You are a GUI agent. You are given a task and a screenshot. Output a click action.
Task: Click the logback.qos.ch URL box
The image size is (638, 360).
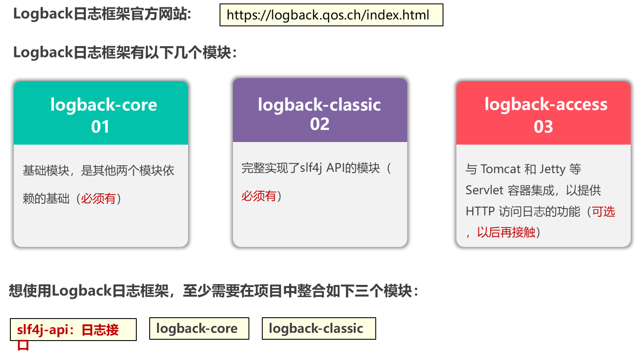click(x=331, y=15)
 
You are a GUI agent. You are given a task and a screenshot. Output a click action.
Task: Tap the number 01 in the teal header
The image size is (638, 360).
click(x=101, y=126)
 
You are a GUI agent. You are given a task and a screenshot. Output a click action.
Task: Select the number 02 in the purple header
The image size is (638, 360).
click(x=320, y=124)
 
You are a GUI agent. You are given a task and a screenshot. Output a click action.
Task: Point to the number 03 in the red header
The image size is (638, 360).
click(x=543, y=126)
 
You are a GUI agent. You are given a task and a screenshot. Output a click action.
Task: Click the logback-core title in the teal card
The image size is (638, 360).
click(x=104, y=105)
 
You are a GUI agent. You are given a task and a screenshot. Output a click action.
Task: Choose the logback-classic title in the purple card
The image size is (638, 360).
click(x=319, y=104)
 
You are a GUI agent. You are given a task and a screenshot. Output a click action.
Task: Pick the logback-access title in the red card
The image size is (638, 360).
click(x=546, y=104)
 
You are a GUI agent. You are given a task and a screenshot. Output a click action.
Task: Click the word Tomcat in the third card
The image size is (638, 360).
click(x=500, y=169)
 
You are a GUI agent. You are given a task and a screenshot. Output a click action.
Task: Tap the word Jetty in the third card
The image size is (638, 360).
click(x=552, y=169)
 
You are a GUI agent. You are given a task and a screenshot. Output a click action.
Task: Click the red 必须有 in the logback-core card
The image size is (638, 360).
click(x=98, y=199)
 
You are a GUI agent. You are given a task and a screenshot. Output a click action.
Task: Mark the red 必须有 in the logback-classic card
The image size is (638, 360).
click(x=259, y=196)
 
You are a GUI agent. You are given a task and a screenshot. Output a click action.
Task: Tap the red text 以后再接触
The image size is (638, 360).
click(x=506, y=232)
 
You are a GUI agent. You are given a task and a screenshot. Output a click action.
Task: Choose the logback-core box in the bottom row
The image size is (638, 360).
click(x=199, y=328)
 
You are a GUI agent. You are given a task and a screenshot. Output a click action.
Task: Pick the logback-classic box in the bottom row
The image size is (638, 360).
click(x=318, y=328)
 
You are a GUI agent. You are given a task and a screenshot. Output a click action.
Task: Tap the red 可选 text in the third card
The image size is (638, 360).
click(x=603, y=212)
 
